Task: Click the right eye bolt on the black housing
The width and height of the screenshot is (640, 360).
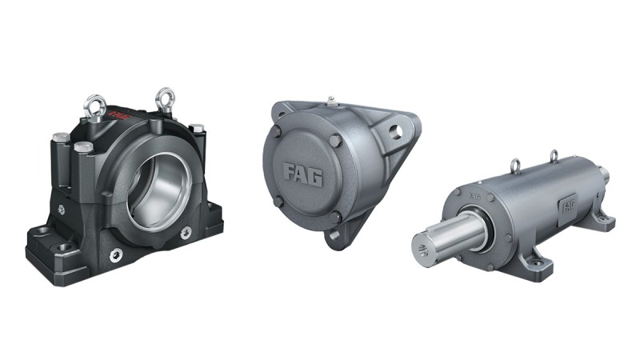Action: (x=166, y=98)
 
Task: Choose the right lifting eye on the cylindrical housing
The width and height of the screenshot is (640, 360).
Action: (x=554, y=154)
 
